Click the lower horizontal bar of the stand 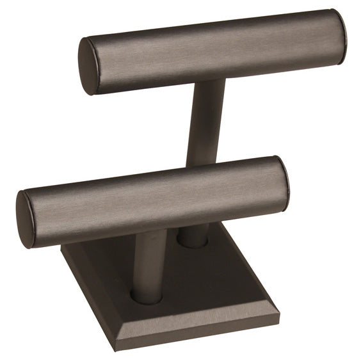154,198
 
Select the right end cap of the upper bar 339,28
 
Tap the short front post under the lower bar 148,262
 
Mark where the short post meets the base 147,296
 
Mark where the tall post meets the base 192,242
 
